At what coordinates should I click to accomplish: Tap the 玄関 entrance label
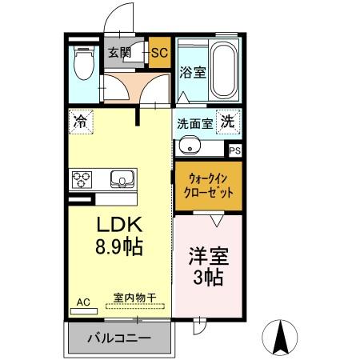(120, 54)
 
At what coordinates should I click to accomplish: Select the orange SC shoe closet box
(158, 54)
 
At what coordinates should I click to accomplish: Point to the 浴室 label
(193, 72)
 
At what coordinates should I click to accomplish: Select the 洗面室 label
(194, 124)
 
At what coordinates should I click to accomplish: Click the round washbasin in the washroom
(189, 146)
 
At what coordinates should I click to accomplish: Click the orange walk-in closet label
(206, 186)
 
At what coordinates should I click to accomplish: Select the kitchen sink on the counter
(123, 177)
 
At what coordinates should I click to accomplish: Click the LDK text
(120, 225)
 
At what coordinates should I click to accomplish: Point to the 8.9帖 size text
(120, 247)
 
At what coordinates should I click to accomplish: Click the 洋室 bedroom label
(209, 257)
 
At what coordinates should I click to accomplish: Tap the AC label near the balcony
(83, 303)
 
